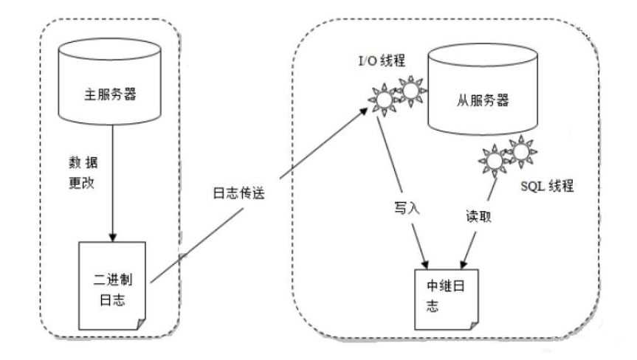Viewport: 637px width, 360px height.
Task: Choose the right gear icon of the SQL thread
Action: pos(520,151)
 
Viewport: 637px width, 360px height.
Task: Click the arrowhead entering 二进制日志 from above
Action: pos(111,237)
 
